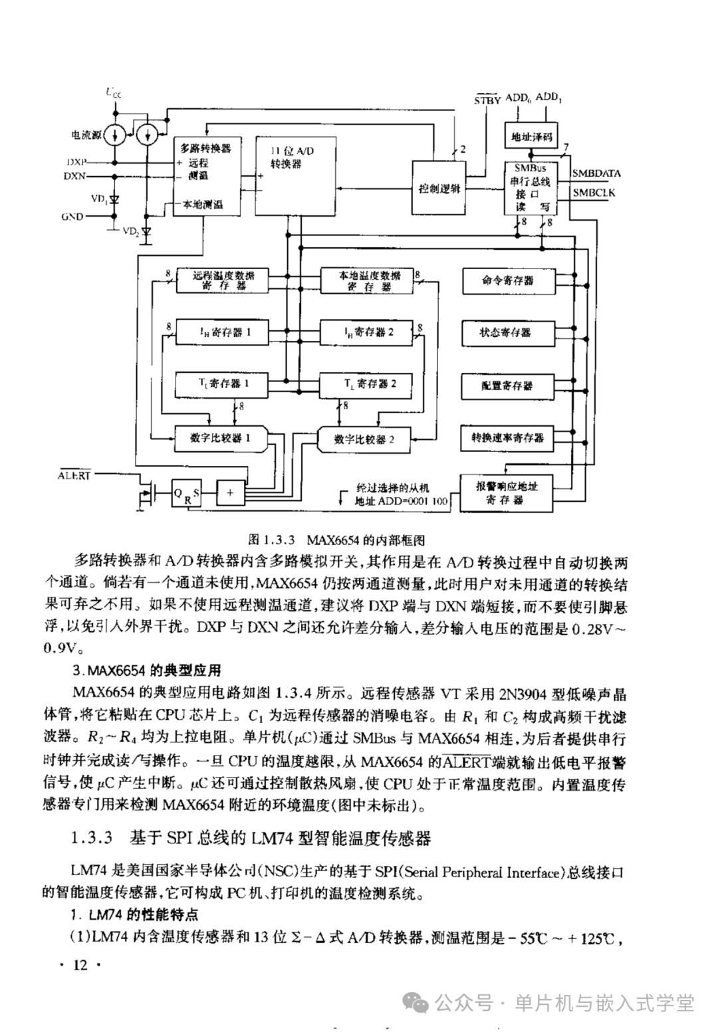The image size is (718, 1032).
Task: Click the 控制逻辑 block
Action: tap(439, 188)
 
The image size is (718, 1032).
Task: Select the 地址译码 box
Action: tap(531, 138)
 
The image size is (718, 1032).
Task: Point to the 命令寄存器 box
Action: tap(507, 280)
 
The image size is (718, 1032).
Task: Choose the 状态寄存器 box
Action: tap(507, 332)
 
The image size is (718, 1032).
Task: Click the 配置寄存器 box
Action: tap(507, 385)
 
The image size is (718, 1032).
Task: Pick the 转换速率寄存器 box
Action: tap(507, 438)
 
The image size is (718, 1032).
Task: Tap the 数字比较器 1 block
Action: tap(220, 439)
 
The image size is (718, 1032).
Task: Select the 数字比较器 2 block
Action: tap(364, 439)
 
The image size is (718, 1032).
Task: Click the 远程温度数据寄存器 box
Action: tap(223, 280)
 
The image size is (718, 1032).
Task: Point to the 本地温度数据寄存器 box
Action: tap(369, 280)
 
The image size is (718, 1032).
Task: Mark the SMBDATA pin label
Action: tap(596, 173)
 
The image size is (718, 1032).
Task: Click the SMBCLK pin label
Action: tap(594, 193)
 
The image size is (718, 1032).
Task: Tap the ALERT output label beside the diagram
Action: tap(73, 476)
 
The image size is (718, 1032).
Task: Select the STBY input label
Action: tap(487, 100)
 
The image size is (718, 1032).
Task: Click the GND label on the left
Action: tap(72, 217)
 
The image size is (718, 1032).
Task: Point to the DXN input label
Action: tap(74, 176)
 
